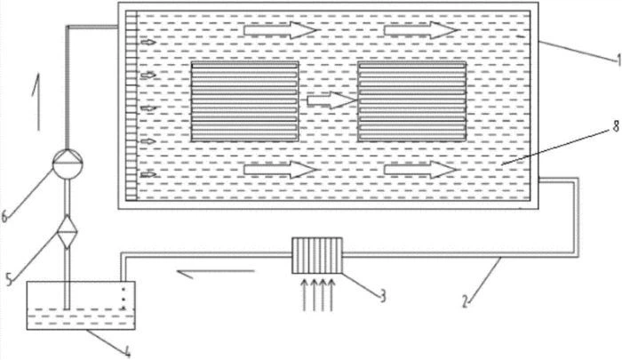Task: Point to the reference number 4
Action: pyautogui.click(x=130, y=352)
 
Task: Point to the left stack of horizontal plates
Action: pyautogui.click(x=244, y=103)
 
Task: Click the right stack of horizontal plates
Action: pyautogui.click(x=411, y=103)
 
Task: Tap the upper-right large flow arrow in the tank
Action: pyautogui.click(x=421, y=30)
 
